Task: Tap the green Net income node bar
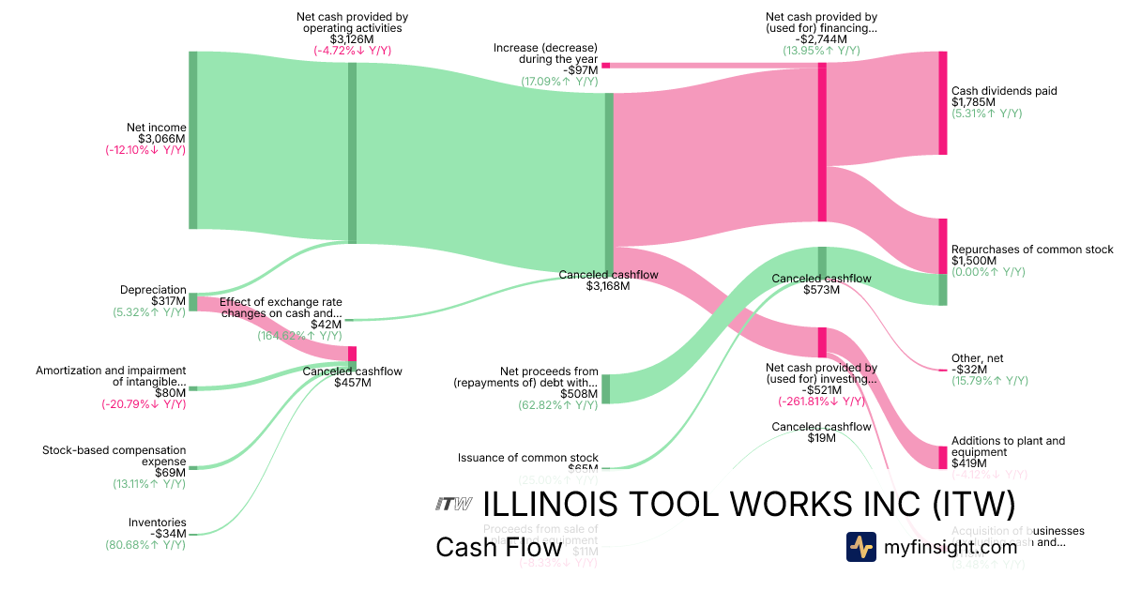coord(193,140)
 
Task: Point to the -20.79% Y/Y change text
coord(144,404)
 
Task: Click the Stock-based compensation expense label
coord(114,456)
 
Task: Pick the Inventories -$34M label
coord(157,528)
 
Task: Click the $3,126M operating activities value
coord(352,39)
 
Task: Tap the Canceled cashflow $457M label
coord(352,377)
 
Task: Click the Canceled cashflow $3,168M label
coord(608,280)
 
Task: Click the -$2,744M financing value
coord(821,39)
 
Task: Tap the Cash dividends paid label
coord(1004,91)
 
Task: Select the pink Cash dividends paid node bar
coord(942,103)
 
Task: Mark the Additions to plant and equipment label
coord(1008,447)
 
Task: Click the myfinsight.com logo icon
coord(861,546)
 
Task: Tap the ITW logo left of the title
coord(453,505)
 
